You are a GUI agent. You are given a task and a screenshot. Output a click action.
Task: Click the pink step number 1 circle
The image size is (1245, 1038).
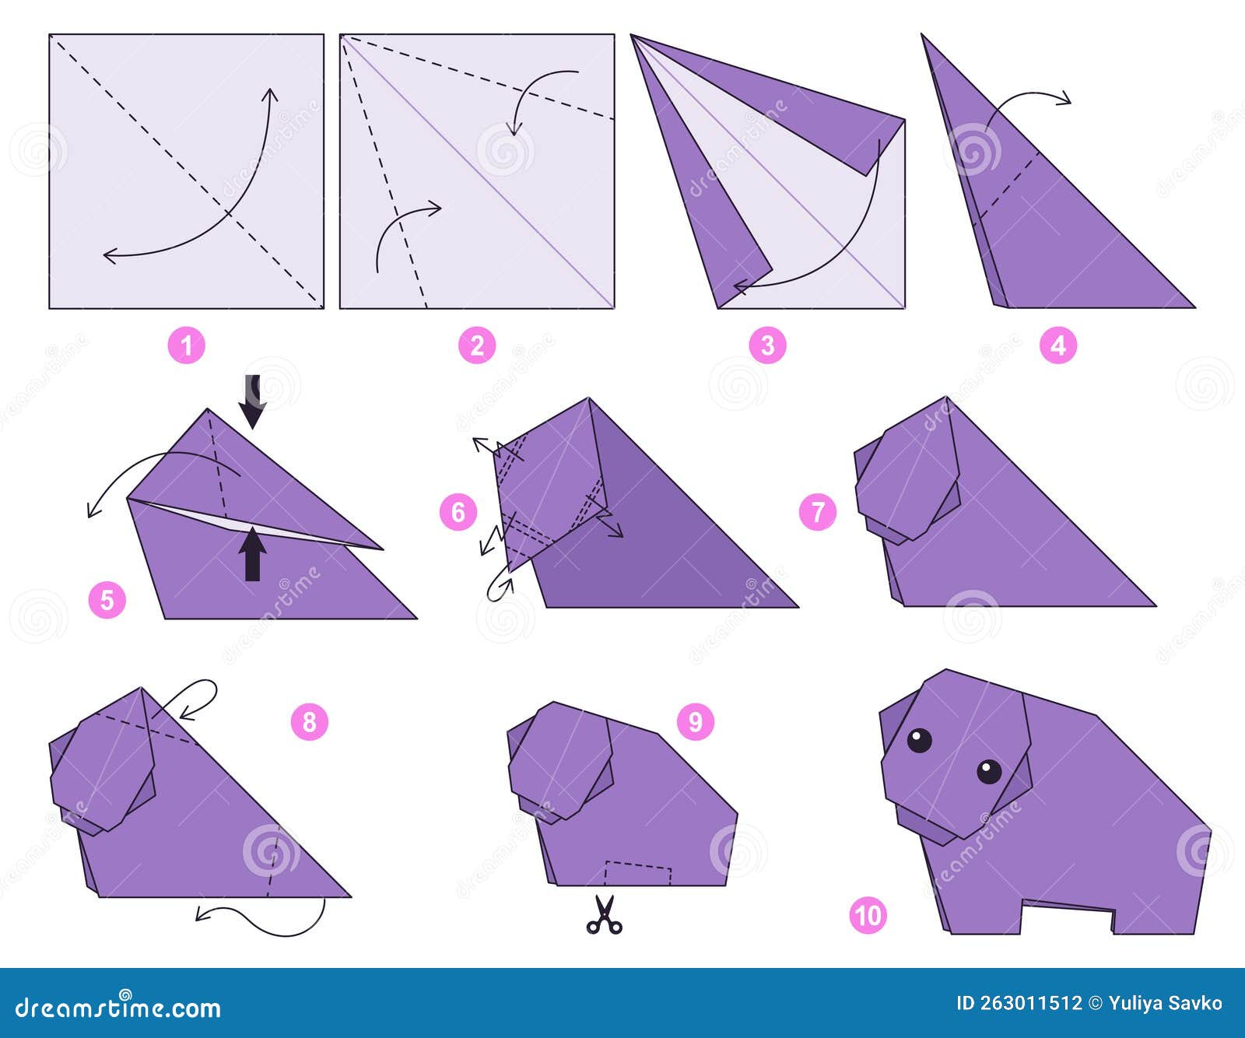click(187, 345)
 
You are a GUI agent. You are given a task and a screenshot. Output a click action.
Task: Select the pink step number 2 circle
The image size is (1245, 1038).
click(477, 345)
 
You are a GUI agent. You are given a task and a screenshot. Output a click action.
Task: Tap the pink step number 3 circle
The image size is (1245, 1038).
click(767, 345)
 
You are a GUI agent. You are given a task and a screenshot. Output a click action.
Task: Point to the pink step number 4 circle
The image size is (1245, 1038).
click(1058, 345)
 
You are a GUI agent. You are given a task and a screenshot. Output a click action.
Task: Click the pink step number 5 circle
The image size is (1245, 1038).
click(107, 600)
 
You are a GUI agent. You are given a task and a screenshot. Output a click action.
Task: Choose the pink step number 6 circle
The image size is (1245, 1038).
click(458, 512)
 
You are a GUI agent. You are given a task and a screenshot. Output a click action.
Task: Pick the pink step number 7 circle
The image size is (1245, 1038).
click(818, 512)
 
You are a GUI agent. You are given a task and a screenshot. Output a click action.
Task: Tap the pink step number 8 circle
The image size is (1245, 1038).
click(310, 722)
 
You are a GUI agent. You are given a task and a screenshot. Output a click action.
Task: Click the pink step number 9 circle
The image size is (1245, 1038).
click(695, 722)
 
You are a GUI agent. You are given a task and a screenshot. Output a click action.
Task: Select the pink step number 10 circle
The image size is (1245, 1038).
click(868, 915)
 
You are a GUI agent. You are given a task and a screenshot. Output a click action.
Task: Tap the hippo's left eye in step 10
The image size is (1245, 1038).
click(919, 740)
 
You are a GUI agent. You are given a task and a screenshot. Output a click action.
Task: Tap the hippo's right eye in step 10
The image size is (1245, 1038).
click(989, 771)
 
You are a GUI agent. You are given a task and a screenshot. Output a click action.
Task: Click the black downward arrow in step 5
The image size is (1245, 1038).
click(252, 401)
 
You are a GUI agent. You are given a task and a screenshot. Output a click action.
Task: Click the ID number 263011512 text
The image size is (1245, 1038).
click(1019, 1003)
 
